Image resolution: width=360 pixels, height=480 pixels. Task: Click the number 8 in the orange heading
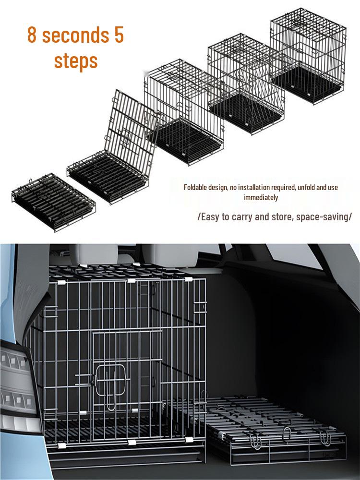[32, 34]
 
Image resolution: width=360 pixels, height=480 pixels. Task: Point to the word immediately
[261, 197]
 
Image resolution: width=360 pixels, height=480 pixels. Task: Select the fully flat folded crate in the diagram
[54, 202]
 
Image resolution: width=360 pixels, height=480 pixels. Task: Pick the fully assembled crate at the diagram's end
[308, 55]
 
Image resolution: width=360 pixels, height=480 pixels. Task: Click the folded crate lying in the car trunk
[269, 429]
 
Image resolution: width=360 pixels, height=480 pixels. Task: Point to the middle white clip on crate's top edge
[132, 281]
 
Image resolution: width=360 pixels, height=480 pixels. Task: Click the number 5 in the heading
[119, 34]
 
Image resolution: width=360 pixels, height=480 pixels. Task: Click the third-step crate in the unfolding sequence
[184, 112]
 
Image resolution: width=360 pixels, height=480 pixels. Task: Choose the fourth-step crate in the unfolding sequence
[246, 84]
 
